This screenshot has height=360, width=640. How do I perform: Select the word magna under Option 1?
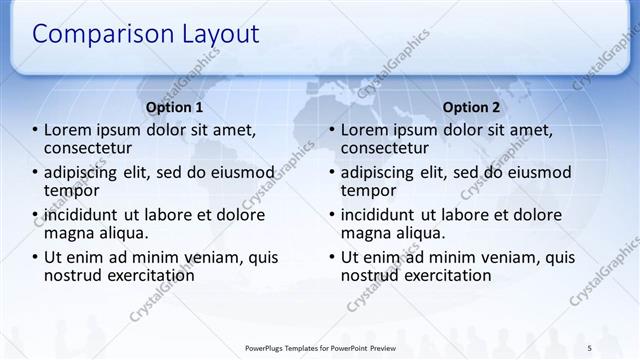point(68,233)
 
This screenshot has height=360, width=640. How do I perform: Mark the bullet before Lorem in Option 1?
point(35,130)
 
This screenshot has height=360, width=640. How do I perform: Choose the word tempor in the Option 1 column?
point(71,190)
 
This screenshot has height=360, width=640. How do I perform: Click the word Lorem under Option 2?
point(365,130)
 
